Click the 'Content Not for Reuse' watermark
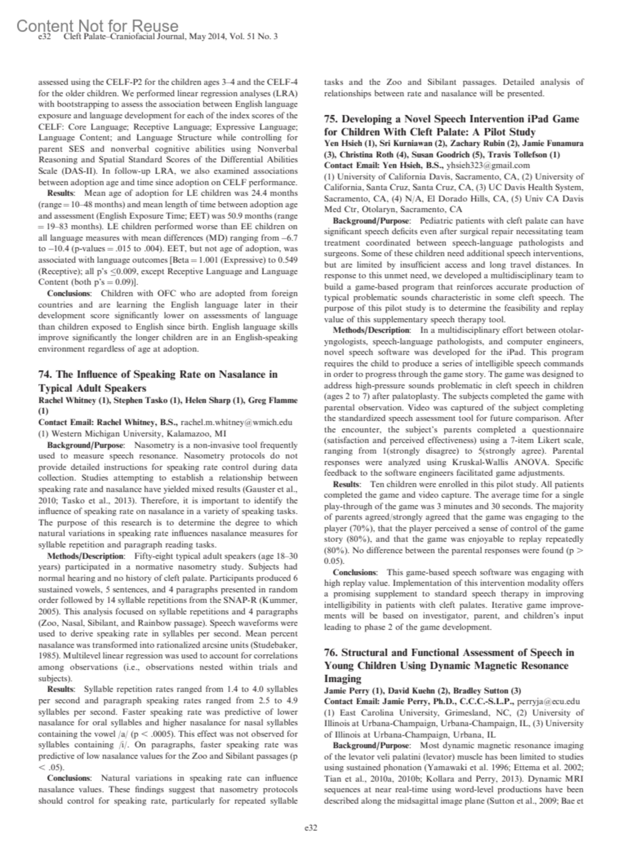(98, 25)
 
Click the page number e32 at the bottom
(310, 828)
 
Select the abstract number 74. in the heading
(45, 374)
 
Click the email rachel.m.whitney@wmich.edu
(236, 422)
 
